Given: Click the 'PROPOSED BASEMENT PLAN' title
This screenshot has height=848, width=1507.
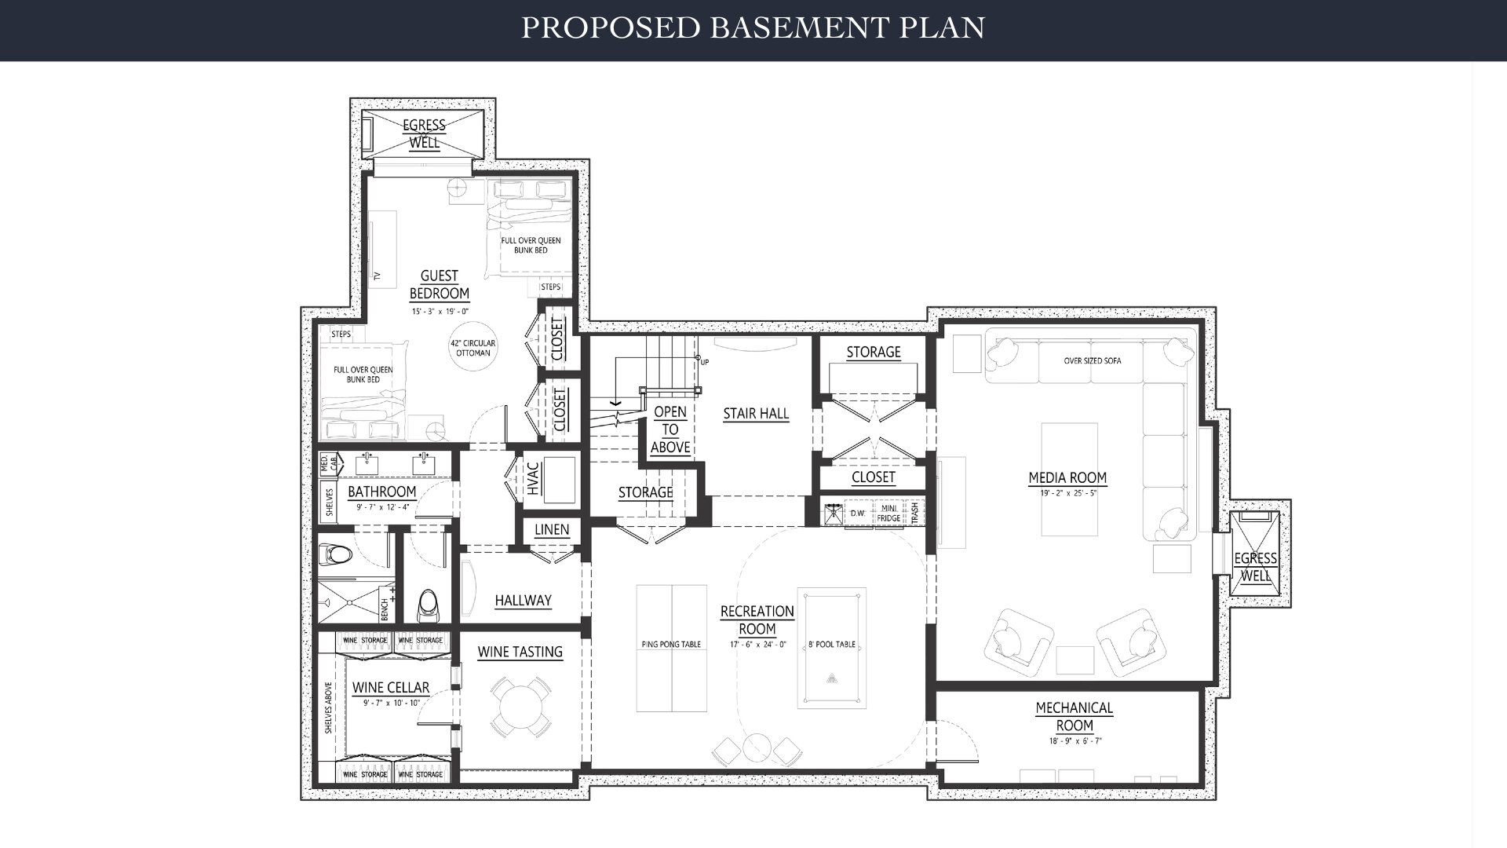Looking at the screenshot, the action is [x=753, y=27].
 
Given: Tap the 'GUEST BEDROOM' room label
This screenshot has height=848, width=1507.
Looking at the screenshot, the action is [x=440, y=284].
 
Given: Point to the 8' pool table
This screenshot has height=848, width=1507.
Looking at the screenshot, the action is [x=832, y=648].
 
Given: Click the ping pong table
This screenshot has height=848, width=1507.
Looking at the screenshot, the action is [x=672, y=648].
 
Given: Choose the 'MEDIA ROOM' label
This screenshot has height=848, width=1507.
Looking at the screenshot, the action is [x=1067, y=477].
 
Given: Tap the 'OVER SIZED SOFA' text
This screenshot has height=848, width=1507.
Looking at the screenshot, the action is [x=1093, y=361].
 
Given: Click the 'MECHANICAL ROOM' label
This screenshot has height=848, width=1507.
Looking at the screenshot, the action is [x=1075, y=716].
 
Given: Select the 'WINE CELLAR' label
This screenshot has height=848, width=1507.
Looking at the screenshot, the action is [x=391, y=688].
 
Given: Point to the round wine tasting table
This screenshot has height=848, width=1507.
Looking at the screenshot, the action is [x=520, y=706].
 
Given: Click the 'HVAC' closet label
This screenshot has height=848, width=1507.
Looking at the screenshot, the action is [x=533, y=479].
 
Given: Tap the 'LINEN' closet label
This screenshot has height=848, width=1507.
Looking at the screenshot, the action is [x=552, y=529].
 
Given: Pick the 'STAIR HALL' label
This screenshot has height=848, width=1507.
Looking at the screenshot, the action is [x=756, y=414].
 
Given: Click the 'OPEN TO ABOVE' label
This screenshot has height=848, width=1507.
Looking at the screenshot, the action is [x=670, y=429].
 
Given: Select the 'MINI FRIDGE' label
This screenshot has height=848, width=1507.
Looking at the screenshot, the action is [x=889, y=513].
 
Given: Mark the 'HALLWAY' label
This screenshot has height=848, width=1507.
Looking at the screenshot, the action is [x=523, y=601].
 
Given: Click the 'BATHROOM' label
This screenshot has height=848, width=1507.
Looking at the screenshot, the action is [x=381, y=492].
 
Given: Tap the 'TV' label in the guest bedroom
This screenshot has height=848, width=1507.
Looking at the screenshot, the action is [x=377, y=276].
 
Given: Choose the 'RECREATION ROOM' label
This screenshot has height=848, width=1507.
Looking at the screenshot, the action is [x=757, y=620].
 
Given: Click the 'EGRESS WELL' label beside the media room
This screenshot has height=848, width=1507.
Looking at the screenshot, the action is [x=1255, y=566].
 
